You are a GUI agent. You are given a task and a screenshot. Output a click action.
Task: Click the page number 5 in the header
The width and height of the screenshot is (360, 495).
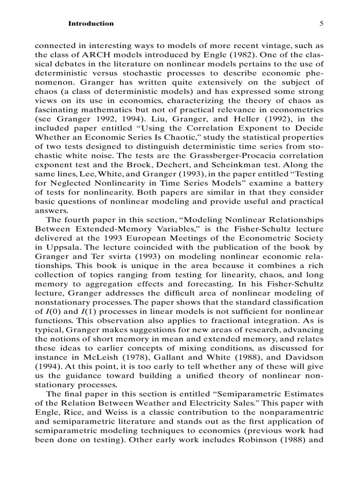[x=322, y=24]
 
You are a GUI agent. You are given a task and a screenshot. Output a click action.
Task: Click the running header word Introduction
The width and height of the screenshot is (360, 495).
[x=90, y=24]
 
